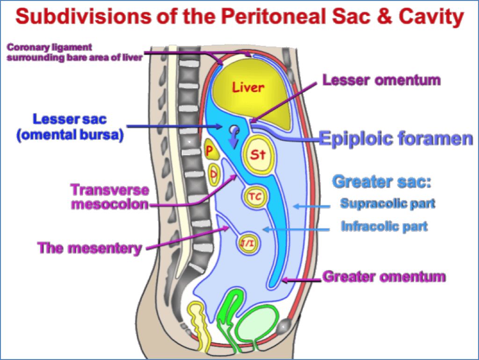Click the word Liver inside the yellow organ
(249, 87)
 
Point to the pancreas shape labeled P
(210, 150)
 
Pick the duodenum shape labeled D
(213, 175)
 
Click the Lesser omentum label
(381, 80)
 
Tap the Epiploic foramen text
(396, 139)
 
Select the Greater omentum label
(384, 277)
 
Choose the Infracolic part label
(384, 227)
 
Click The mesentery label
(90, 248)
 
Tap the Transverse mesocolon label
(110, 197)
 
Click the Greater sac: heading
(381, 181)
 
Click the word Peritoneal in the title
(275, 17)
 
